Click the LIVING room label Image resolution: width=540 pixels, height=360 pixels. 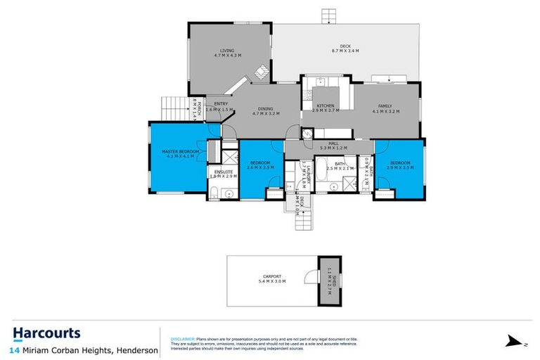[226, 51]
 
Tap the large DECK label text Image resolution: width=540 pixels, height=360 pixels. [341, 46]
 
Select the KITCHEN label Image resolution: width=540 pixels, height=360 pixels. [316, 105]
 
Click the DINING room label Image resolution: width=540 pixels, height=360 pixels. [265, 108]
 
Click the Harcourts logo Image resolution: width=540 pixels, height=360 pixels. [46, 333]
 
